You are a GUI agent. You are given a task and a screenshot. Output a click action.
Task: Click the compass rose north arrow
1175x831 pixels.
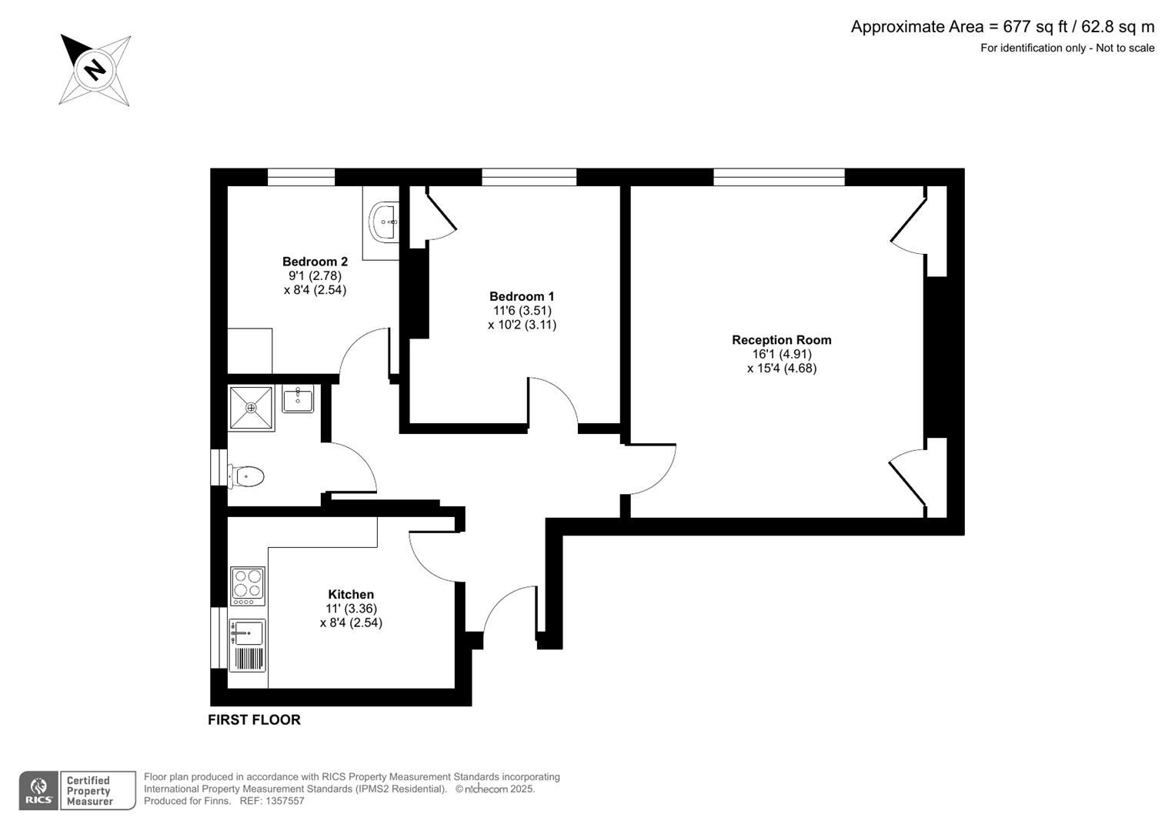click(95, 70)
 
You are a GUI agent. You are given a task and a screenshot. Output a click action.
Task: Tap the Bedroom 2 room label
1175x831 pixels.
click(315, 262)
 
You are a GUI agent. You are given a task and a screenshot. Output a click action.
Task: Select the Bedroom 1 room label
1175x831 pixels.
click(522, 296)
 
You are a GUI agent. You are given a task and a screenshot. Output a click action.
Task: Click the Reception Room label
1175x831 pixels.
click(781, 340)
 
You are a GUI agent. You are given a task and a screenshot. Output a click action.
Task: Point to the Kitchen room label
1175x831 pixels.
click(351, 595)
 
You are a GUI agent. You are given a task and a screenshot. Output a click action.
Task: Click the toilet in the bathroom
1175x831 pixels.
click(247, 476)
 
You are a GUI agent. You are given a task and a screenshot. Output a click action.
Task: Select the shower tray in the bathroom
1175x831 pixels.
click(251, 408)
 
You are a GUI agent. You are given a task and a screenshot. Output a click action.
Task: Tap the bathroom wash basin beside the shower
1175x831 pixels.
click(298, 399)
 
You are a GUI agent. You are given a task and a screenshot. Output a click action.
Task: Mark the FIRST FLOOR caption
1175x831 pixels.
click(254, 720)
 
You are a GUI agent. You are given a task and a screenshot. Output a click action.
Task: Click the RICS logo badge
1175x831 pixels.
click(38, 791)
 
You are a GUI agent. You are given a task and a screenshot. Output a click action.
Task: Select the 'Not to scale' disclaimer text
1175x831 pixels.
click(1125, 48)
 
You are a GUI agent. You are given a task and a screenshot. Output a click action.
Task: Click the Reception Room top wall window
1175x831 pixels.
click(779, 177)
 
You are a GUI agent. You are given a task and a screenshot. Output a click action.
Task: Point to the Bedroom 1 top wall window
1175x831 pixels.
click(529, 177)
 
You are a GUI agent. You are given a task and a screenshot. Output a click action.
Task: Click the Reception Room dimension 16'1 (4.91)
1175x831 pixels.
click(781, 354)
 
